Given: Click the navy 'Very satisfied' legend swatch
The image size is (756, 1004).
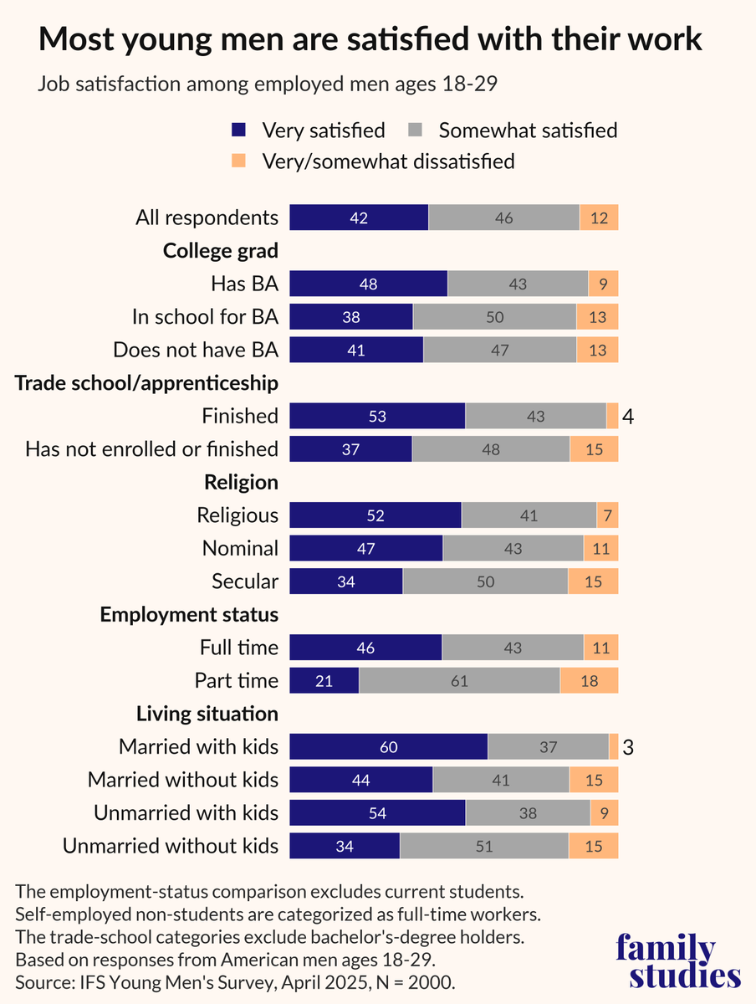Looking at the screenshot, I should [x=239, y=130].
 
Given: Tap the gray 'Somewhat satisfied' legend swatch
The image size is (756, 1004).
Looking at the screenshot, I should [x=416, y=130].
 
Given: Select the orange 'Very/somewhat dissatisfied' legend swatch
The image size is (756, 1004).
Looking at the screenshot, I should [x=239, y=160].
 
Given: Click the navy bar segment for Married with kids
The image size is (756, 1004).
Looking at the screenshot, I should [x=388, y=746].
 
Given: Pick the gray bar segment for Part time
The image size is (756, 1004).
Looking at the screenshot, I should [x=459, y=680].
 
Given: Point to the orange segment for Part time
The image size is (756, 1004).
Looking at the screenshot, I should [x=589, y=680].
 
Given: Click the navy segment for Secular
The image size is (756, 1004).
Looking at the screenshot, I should [x=346, y=581].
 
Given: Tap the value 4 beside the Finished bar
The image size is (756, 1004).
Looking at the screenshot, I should [x=627, y=416].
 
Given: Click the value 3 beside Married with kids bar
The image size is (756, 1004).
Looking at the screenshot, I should [x=628, y=746].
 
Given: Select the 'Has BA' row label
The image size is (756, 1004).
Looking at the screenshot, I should [x=244, y=284].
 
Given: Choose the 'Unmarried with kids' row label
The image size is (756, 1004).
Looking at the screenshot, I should [x=186, y=812].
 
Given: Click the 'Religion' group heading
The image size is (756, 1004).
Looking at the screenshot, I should [x=241, y=482].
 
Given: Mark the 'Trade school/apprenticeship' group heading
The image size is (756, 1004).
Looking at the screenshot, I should [x=146, y=383].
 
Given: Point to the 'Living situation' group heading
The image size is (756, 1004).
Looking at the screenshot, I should [x=207, y=714].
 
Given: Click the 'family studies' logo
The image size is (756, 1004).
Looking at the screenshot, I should [x=677, y=962].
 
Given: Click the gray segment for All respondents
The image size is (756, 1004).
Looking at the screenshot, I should [x=503, y=218].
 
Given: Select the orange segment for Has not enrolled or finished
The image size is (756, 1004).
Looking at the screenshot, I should [x=594, y=449].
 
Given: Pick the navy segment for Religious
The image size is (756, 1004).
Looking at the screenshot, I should [x=375, y=515].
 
